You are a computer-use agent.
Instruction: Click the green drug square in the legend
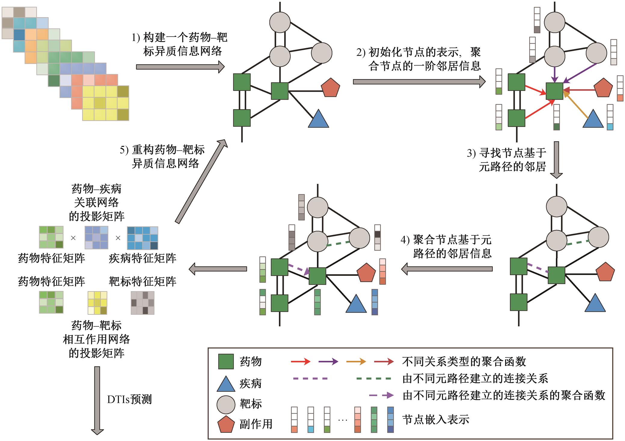(225, 361)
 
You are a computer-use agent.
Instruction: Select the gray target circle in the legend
(226, 404)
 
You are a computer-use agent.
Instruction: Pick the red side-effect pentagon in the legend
(226, 424)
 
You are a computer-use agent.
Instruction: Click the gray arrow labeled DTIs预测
(97, 400)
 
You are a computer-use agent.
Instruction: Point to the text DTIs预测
(130, 400)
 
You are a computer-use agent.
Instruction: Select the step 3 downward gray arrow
(556, 160)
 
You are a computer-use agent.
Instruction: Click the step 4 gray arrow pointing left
(447, 269)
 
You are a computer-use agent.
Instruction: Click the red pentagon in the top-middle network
(330, 87)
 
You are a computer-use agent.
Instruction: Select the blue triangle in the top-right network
(593, 119)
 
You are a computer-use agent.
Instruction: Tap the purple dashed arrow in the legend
(381, 395)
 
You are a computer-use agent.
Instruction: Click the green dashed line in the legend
(374, 379)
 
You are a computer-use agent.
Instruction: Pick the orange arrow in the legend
(356, 361)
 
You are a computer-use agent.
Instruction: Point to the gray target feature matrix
(142, 303)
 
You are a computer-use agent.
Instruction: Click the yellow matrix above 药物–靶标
(97, 303)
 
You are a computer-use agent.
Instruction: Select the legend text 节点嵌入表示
(436, 419)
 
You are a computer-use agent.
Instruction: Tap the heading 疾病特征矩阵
(142, 258)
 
